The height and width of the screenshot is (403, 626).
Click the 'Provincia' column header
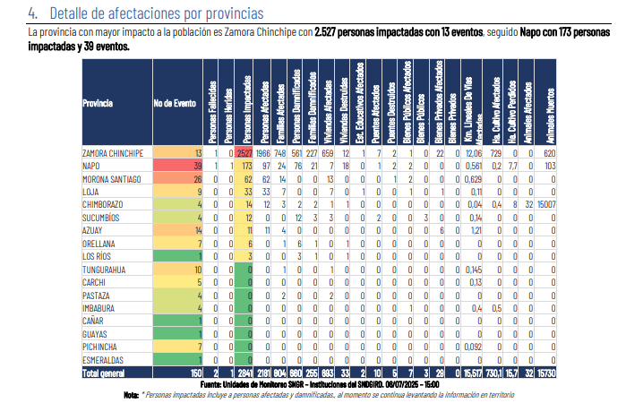[x=98, y=104]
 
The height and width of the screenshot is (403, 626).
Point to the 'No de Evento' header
[x=174, y=104]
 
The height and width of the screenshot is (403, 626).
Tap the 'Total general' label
[x=105, y=371]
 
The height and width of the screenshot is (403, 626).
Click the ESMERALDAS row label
[x=104, y=358]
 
